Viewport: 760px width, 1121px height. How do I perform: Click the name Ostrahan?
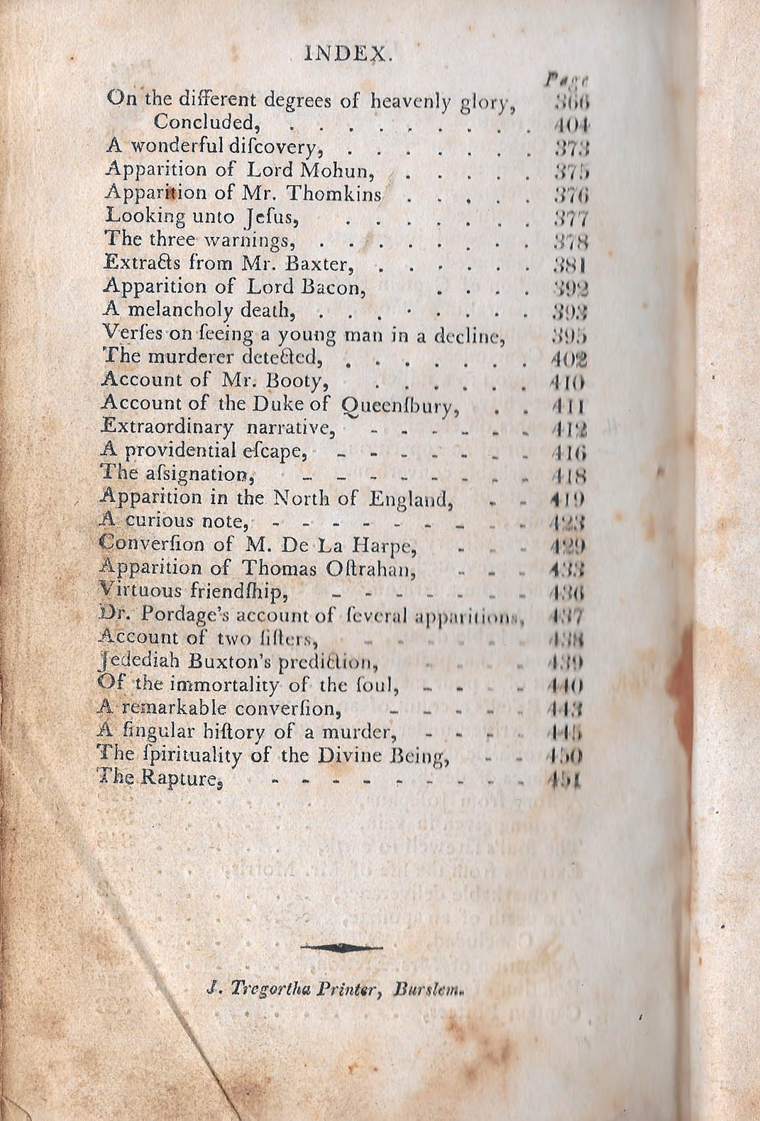click(x=365, y=568)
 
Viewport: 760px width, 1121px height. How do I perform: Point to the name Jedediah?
click(x=136, y=662)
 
